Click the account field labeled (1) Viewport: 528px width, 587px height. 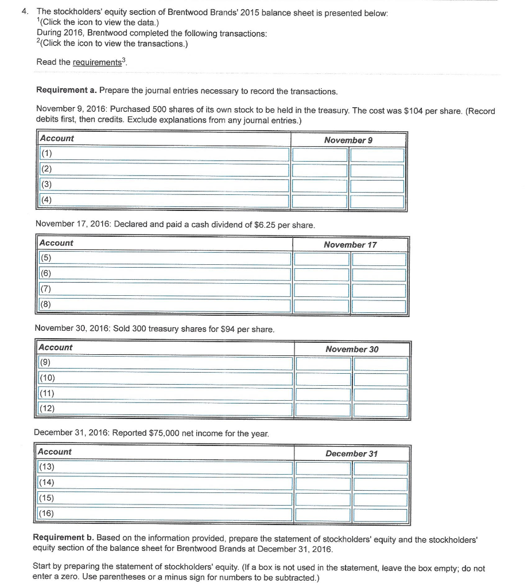point(164,155)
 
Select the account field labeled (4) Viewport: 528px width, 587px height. point(164,201)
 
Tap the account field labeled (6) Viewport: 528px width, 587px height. point(165,275)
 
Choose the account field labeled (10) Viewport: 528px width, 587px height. point(165,379)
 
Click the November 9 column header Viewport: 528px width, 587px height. point(348,140)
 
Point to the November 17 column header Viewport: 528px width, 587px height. point(350,245)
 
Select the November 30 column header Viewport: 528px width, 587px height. point(351,349)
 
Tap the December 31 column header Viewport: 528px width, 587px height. point(351,453)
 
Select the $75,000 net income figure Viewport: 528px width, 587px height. point(161,433)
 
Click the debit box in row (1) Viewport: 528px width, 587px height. point(320,155)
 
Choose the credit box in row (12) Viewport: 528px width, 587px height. point(381,410)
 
